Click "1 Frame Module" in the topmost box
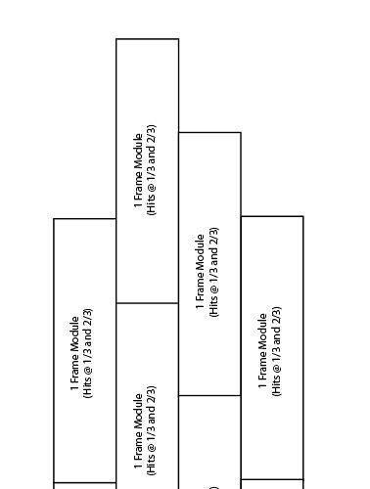[139, 169]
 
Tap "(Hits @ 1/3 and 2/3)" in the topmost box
[152, 169]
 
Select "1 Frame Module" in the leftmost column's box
[75, 353]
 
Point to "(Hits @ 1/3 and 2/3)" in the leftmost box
[88, 353]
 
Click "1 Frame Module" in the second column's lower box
[139, 436]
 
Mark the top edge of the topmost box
[147, 39]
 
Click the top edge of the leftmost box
[84, 218]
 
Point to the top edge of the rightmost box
[272, 216]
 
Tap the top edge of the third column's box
[209, 132]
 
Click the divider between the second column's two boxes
[147, 303]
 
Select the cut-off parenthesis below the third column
[213, 485]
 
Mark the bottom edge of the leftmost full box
[84, 482]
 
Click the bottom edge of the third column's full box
[209, 395]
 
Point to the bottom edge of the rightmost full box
[272, 479]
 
